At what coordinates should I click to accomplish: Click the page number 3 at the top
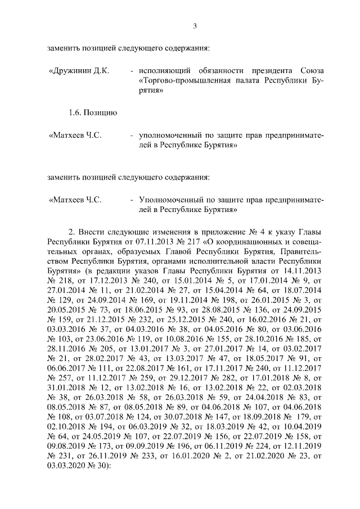[x=194, y=25]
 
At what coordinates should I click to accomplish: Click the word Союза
[x=312, y=71]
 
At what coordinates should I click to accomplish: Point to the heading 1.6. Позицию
[x=93, y=113]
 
